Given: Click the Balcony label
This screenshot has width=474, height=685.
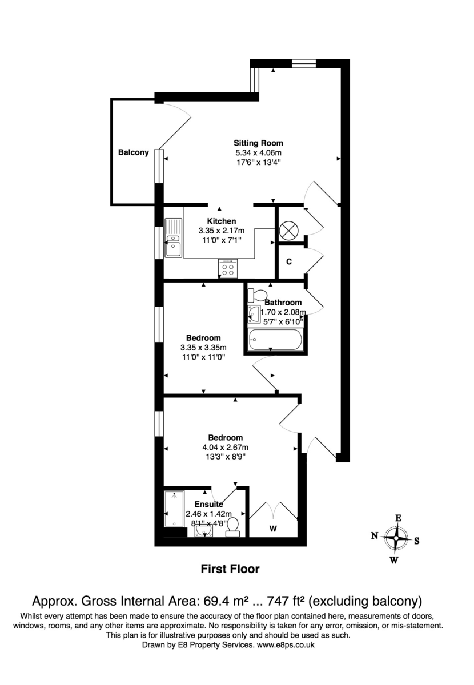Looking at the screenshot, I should tap(133, 152).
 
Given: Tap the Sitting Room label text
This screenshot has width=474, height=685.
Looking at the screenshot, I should tap(258, 143).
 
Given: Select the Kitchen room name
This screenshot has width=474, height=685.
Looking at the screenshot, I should tap(222, 221).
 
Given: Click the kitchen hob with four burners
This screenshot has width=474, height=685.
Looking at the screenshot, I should tap(228, 268).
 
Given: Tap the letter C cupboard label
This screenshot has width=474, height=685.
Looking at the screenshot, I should tap(289, 262).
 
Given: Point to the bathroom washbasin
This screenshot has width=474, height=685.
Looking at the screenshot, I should tap(254, 313).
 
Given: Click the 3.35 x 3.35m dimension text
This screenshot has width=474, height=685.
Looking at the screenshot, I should tap(203, 348).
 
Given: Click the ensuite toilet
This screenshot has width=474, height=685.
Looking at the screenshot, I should tap(233, 530).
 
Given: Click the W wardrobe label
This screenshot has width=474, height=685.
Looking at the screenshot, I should tap(274, 529).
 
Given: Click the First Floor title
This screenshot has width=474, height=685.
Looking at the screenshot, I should tap(230, 569).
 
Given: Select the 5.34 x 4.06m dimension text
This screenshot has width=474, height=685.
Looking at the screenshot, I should tap(258, 152).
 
